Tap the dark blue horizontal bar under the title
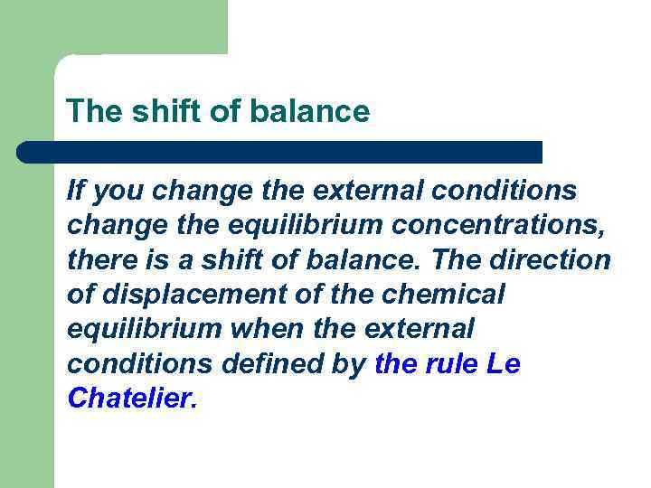280,152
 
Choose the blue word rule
451,365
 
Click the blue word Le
504,365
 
